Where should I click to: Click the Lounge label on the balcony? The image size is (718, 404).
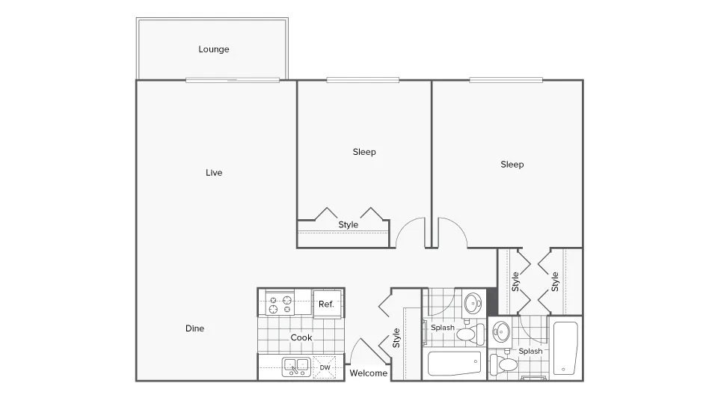pyautogui.click(x=213, y=49)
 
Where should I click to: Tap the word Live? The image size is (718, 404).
pyautogui.click(x=214, y=173)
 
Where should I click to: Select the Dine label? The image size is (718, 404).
pyautogui.click(x=194, y=328)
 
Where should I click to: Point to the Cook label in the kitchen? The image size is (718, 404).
pyautogui.click(x=301, y=337)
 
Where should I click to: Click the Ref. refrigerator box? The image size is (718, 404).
pyautogui.click(x=327, y=304)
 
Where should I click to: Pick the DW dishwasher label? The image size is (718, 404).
pyautogui.click(x=325, y=368)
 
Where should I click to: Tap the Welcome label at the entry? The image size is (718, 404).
pyautogui.click(x=368, y=373)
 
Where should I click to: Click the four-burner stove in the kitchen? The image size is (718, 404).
pyautogui.click(x=280, y=303)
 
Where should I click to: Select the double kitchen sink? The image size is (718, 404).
pyautogui.click(x=296, y=367)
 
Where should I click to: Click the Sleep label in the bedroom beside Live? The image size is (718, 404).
pyautogui.click(x=364, y=152)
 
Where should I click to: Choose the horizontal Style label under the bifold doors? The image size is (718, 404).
pyautogui.click(x=348, y=225)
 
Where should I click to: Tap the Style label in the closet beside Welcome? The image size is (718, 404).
pyautogui.click(x=396, y=338)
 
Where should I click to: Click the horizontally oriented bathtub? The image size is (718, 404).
pyautogui.click(x=454, y=364)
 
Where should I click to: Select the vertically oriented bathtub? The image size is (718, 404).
pyautogui.click(x=565, y=348)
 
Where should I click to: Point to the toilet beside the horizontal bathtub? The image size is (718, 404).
pyautogui.click(x=470, y=334)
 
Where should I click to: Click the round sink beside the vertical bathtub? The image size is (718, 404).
pyautogui.click(x=501, y=330)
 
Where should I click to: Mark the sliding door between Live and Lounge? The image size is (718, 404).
pyautogui.click(x=233, y=80)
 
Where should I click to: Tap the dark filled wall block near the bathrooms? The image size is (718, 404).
pyautogui.click(x=492, y=302)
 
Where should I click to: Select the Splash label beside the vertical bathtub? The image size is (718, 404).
pyautogui.click(x=530, y=352)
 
